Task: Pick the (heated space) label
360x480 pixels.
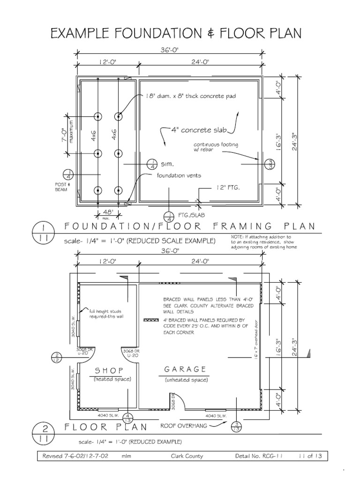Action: coord(112,379)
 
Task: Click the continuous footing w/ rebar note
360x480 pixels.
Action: coord(216,147)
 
